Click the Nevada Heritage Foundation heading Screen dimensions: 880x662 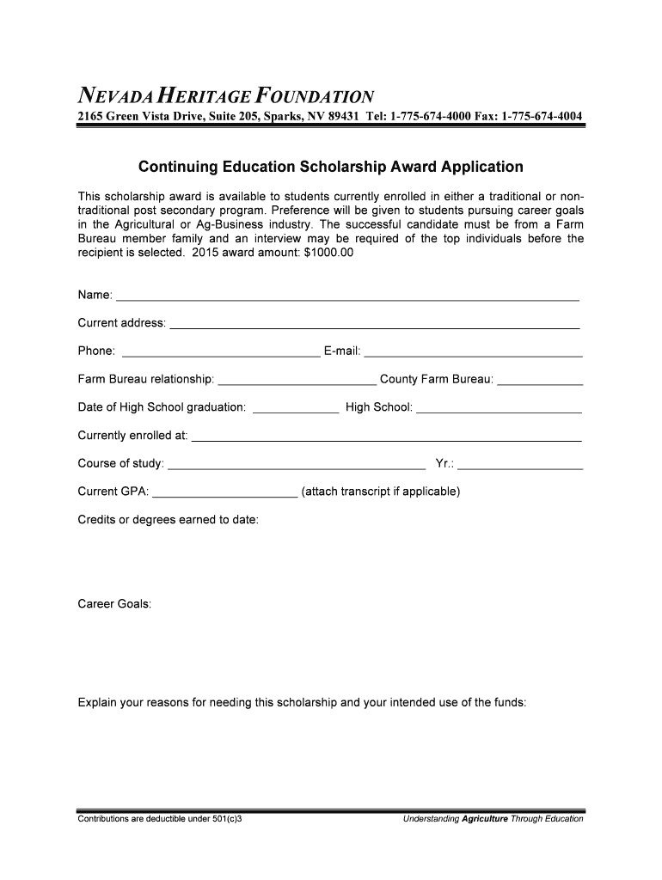coord(226,95)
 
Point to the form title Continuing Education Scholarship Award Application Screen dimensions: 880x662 coord(331,167)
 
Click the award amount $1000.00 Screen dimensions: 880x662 coord(322,254)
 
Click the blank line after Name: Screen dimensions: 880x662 coord(347,298)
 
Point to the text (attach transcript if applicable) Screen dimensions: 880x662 coord(381,492)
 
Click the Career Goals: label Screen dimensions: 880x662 coord(115,604)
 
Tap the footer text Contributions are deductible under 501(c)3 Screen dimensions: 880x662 coord(160,818)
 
